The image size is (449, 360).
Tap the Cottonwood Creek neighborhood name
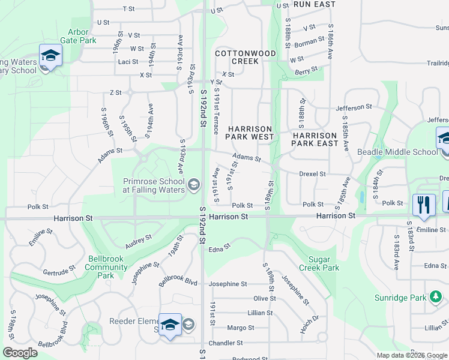click(245, 57)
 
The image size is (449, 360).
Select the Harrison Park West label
click(249, 133)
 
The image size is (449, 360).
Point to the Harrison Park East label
click(315, 139)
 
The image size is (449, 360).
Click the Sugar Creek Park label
click(324, 263)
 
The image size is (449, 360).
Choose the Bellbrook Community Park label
click(106, 270)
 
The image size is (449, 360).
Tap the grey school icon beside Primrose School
click(193, 184)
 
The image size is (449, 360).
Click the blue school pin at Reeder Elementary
click(170, 324)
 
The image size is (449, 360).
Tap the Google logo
click(20, 353)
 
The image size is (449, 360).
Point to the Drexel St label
click(312, 174)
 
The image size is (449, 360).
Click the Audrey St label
click(139, 242)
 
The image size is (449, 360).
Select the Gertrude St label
click(59, 272)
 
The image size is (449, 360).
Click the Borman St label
click(310, 43)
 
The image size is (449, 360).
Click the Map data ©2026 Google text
click(412, 355)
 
